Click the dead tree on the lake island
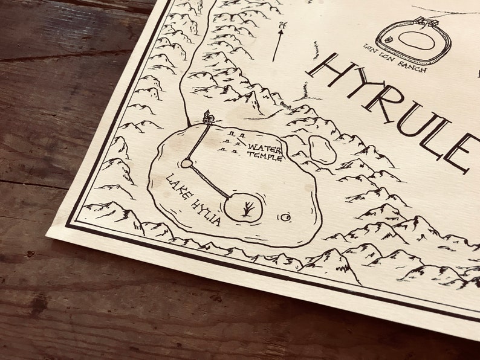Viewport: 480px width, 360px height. (x=247, y=209)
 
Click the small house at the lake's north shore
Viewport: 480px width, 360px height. (x=208, y=117)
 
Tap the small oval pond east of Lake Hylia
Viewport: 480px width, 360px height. (x=322, y=150)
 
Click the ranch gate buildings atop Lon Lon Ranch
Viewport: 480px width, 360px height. (x=429, y=23)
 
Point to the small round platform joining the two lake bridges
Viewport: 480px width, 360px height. (x=186, y=163)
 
